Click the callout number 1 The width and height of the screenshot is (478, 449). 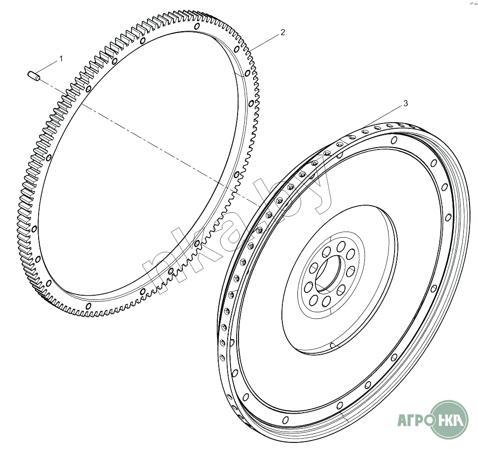(x=61, y=58)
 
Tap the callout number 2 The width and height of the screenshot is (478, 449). (x=282, y=32)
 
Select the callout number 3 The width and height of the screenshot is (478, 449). (x=405, y=103)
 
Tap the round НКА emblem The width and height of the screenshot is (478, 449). (x=450, y=419)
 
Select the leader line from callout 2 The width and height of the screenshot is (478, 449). (x=264, y=41)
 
